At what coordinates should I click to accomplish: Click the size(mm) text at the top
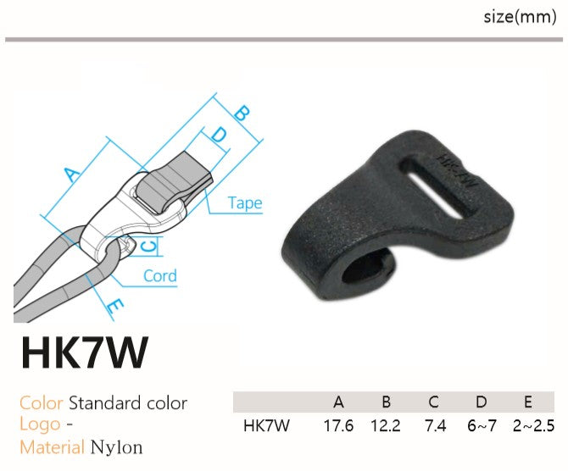tap(520, 17)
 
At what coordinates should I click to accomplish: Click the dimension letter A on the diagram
tap(72, 175)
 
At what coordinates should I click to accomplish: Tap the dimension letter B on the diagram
tap(242, 113)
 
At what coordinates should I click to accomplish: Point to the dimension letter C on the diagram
tap(148, 246)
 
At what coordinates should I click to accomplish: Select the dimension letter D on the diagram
tap(219, 135)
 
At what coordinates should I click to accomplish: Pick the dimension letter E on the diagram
tap(115, 307)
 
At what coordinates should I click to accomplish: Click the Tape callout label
tap(245, 203)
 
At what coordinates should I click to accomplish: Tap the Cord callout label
tap(160, 276)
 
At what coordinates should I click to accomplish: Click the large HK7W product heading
tap(85, 352)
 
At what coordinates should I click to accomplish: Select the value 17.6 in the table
tap(338, 426)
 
